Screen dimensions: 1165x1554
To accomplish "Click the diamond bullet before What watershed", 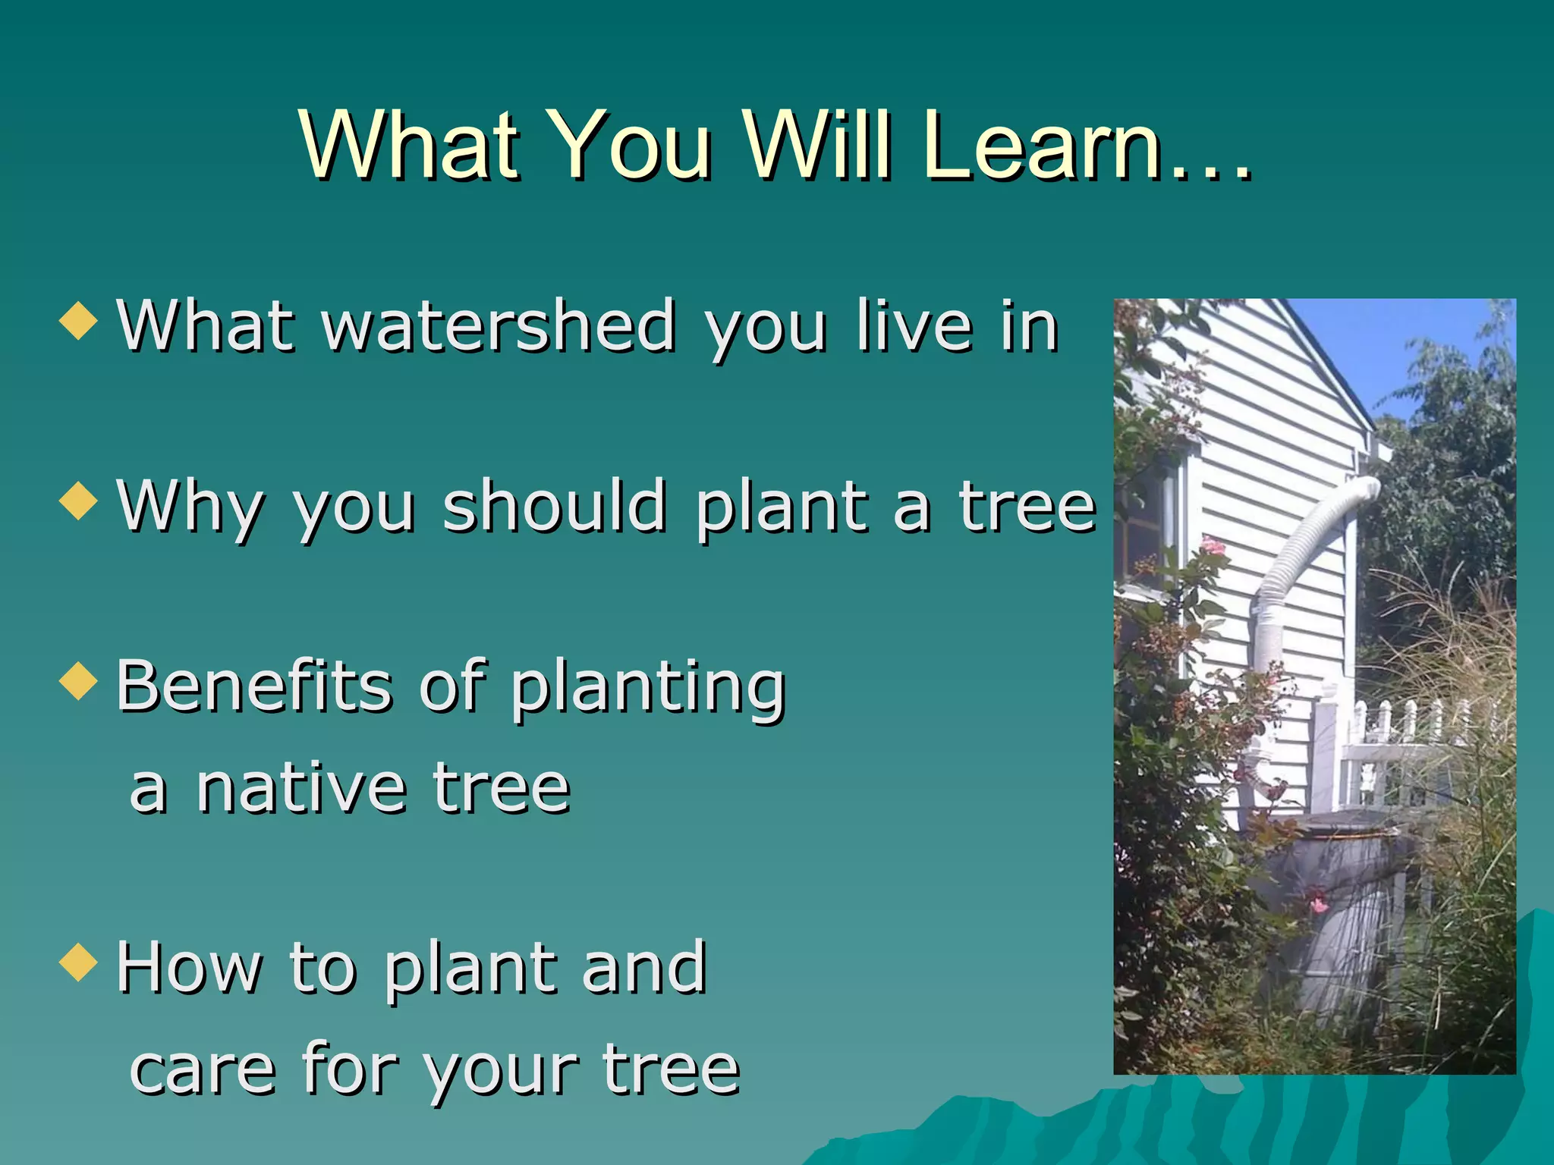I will click(79, 321).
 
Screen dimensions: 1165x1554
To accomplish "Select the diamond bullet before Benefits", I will click(79, 680).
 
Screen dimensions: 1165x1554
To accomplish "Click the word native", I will click(301, 789).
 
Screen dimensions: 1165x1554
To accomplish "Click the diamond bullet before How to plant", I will click(79, 962).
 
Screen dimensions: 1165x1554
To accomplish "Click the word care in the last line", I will click(202, 1071).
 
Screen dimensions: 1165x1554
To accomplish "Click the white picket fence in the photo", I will click(1411, 751).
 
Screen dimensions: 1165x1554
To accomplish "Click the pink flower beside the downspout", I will click(1213, 547).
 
